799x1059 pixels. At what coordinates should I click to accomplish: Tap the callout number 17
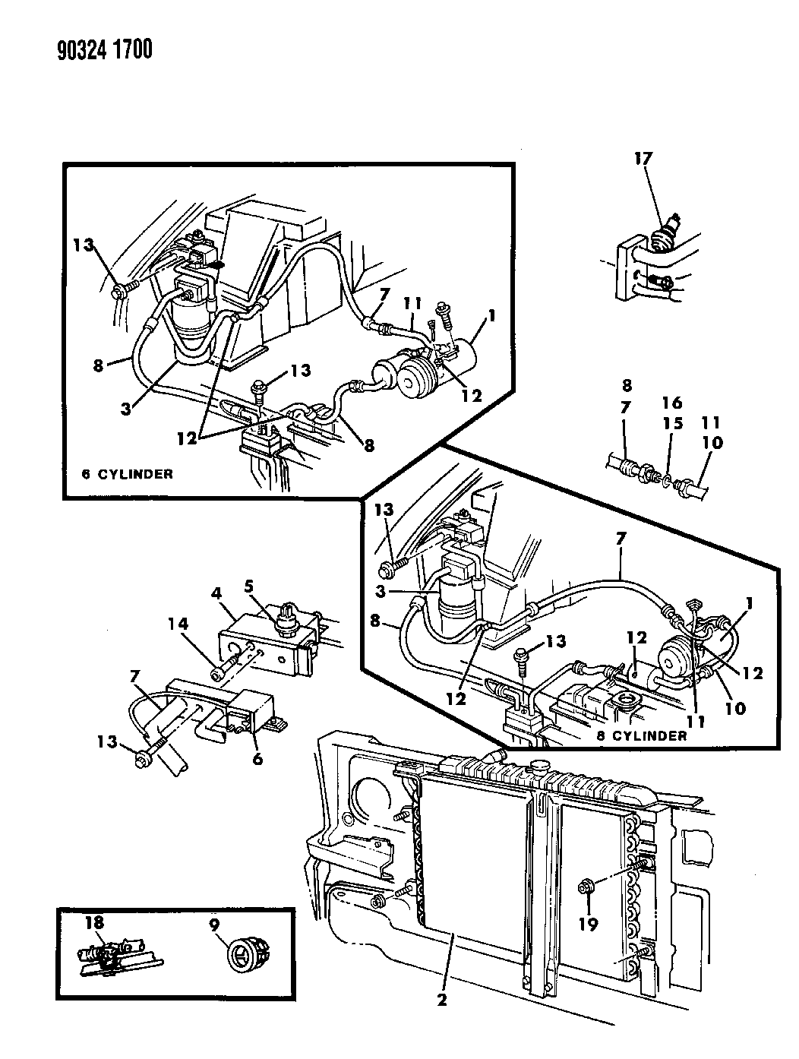(644, 159)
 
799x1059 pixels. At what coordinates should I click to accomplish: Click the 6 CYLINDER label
(127, 474)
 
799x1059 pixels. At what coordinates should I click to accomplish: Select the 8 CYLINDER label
(649, 735)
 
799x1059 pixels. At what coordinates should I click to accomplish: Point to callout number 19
(589, 924)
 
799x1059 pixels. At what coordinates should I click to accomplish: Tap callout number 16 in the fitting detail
(671, 404)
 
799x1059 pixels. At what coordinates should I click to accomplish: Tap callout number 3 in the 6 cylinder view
(127, 408)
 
